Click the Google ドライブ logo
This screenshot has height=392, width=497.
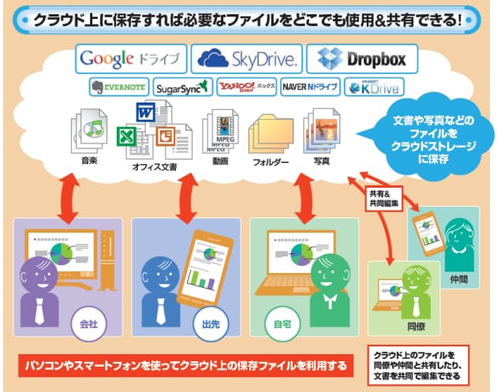(x=133, y=58)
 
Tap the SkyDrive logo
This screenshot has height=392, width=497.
(x=247, y=58)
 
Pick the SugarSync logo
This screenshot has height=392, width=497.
(x=181, y=87)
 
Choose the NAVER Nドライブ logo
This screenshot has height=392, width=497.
(x=310, y=87)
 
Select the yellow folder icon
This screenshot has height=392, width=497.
(x=271, y=136)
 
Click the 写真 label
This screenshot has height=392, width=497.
(x=322, y=161)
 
